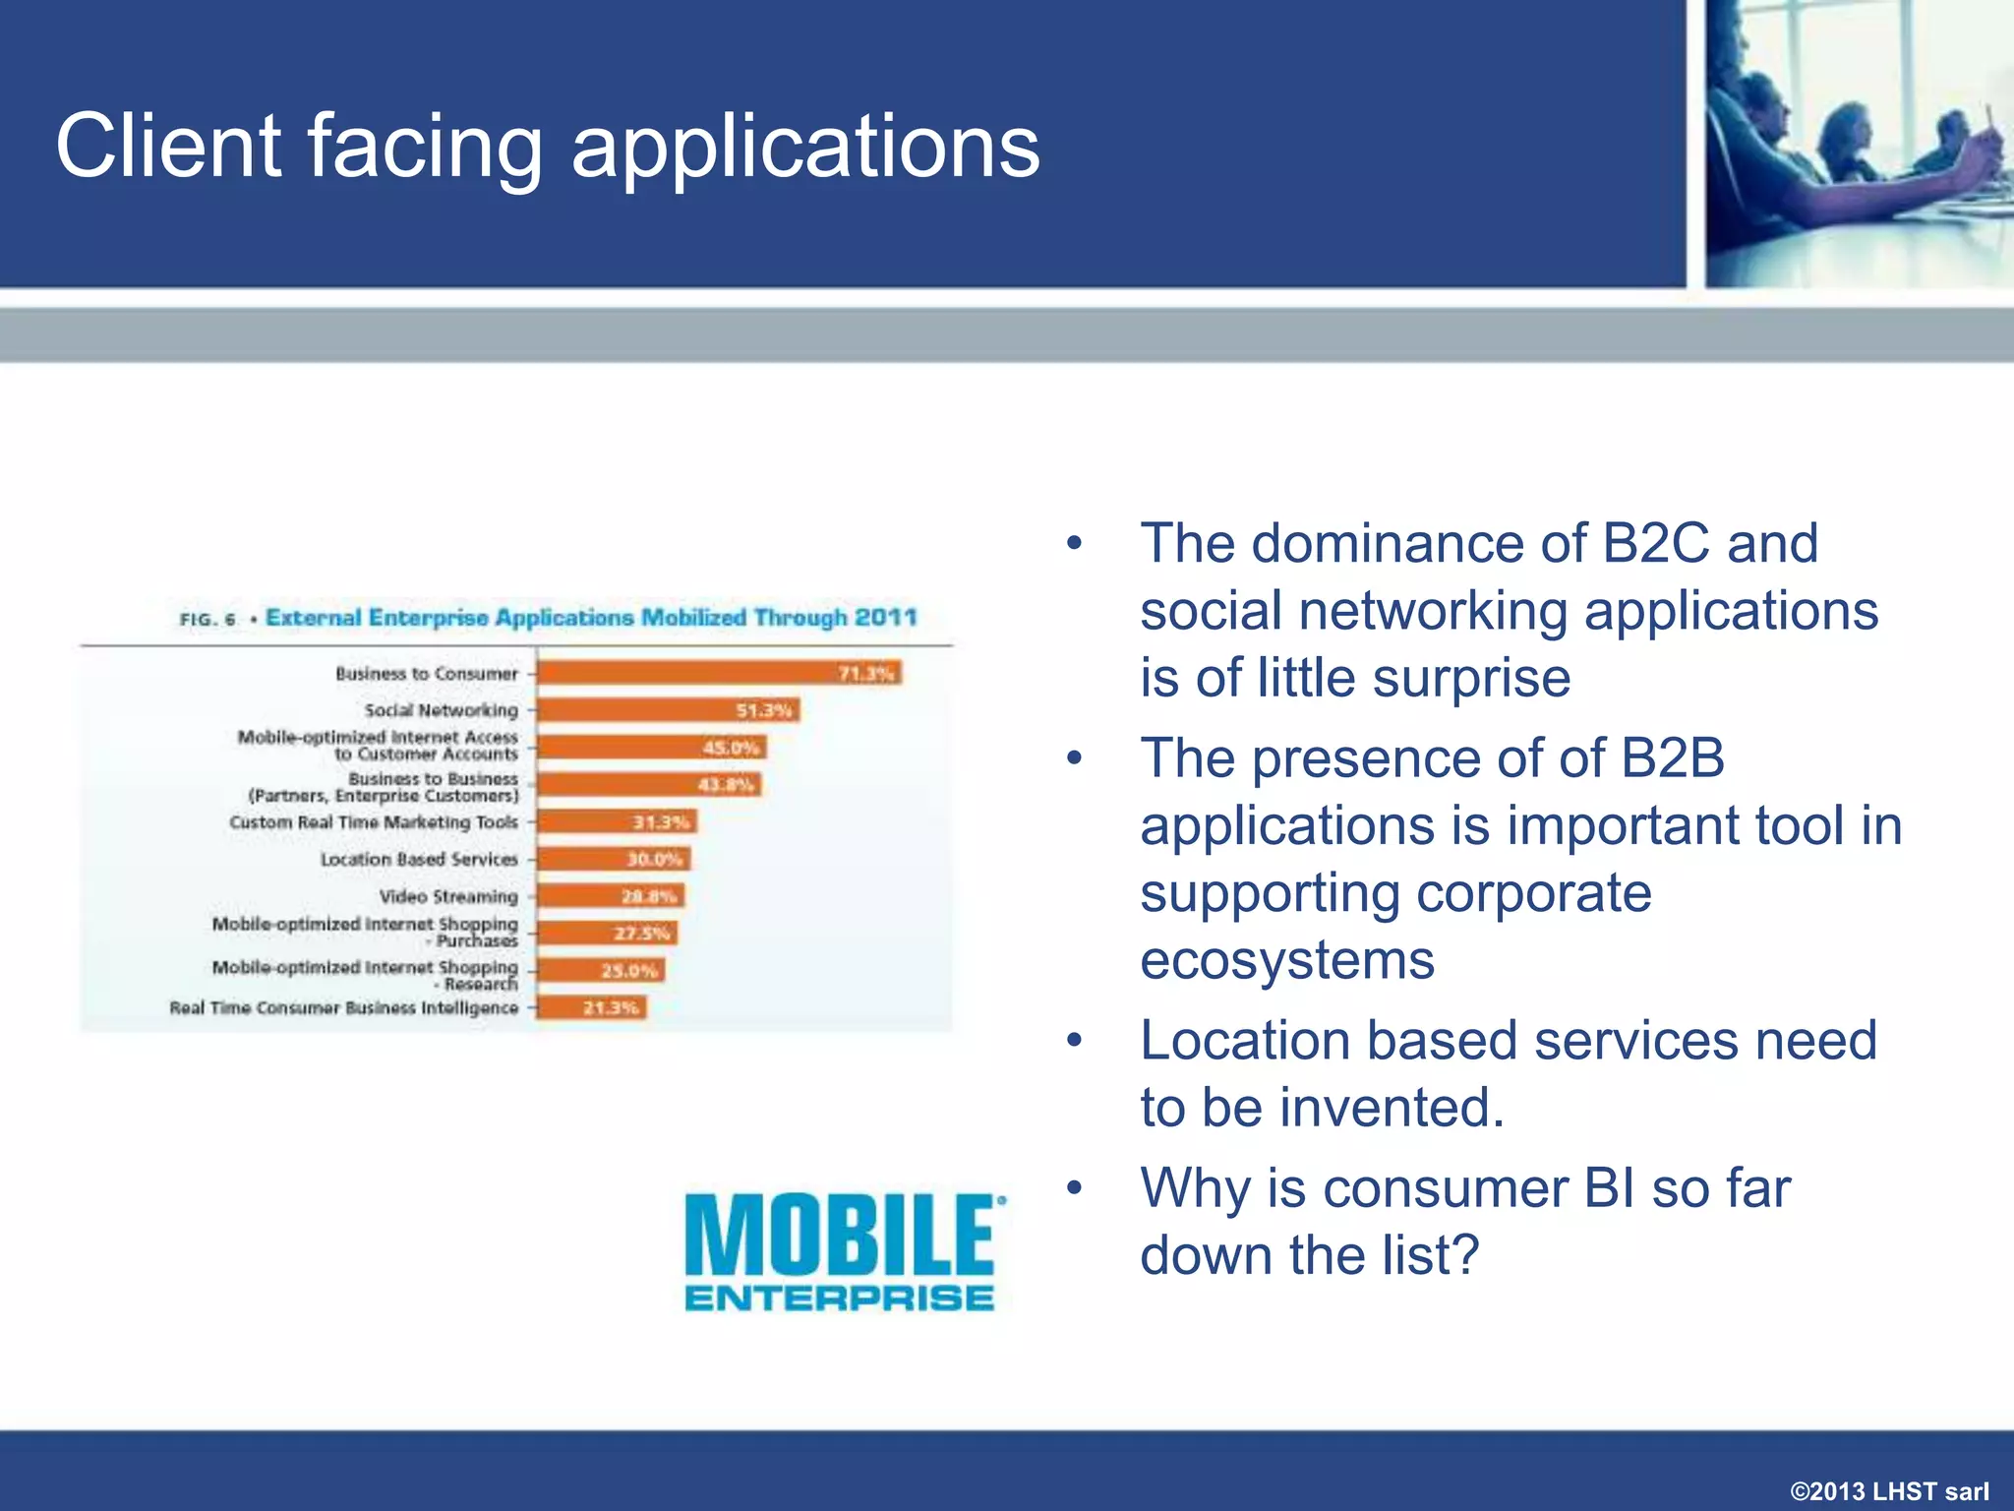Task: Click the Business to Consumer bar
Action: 718,673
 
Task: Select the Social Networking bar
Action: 669,710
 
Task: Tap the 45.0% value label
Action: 732,748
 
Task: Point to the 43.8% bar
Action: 649,784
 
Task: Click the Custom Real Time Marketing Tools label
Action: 373,822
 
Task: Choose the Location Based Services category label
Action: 419,859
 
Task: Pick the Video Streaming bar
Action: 610,896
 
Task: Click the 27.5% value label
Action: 642,934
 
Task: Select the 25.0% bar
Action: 600,971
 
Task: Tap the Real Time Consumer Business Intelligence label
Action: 343,1008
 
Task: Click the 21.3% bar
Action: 591,1007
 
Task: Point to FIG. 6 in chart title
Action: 207,620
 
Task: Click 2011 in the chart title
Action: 885,618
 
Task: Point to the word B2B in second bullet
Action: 1672,757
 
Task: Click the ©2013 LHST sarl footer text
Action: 1889,1491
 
